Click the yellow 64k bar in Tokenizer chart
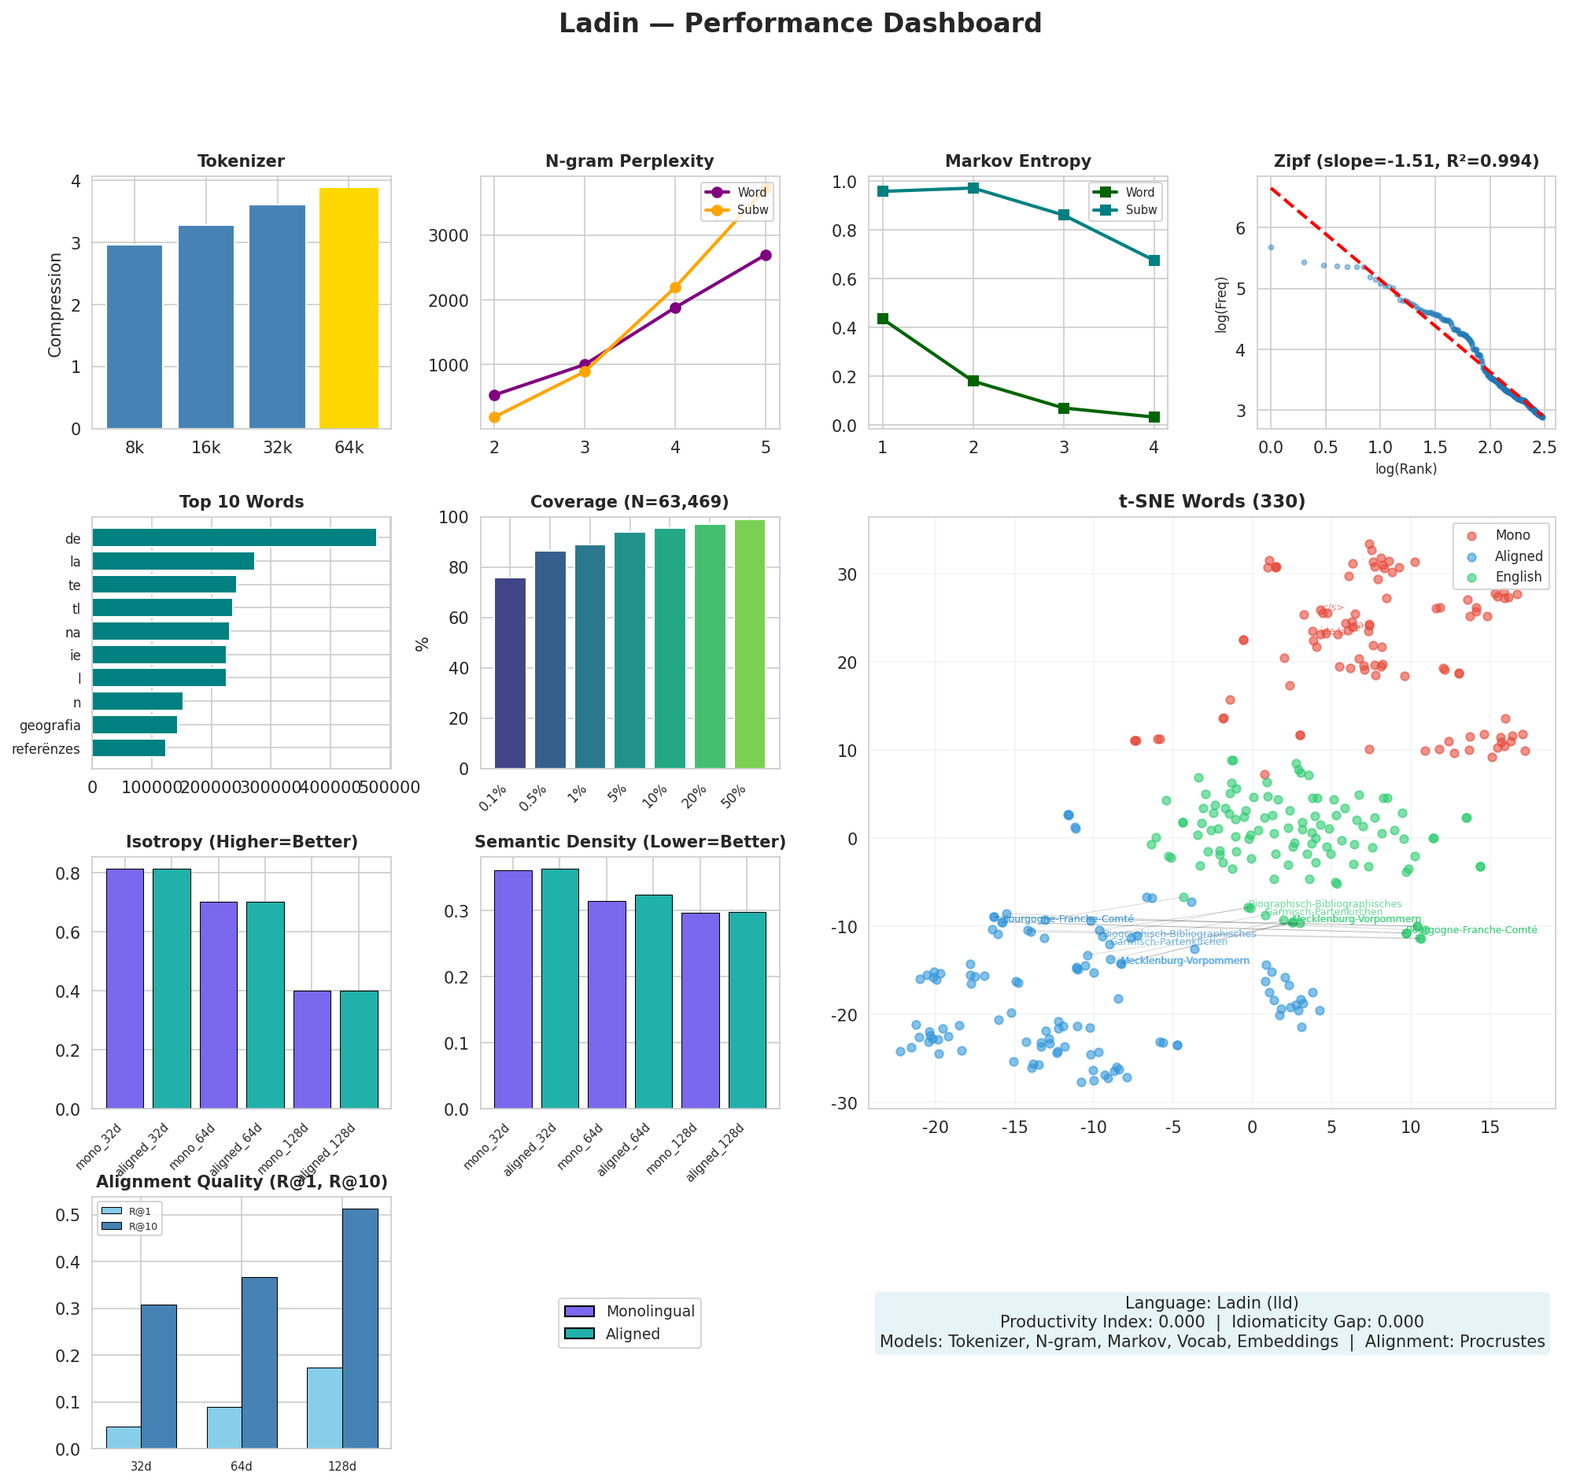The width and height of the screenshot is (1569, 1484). (x=349, y=308)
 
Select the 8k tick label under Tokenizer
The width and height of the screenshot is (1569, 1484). (x=135, y=449)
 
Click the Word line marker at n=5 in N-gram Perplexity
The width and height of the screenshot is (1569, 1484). (x=765, y=256)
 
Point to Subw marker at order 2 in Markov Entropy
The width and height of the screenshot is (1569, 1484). (x=973, y=188)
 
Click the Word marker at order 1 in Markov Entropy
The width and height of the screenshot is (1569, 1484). (x=883, y=319)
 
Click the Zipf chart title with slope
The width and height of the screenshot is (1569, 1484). (x=1405, y=161)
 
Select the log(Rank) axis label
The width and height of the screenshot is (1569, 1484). (x=1405, y=469)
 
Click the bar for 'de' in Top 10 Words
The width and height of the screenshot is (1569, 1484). (x=234, y=538)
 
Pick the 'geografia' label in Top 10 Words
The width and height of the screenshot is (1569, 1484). (x=50, y=725)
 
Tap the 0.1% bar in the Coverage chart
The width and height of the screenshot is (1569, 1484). (x=511, y=674)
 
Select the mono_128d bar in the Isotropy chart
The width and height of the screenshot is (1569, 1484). (x=312, y=1049)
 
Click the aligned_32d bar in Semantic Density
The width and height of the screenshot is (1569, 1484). (x=559, y=989)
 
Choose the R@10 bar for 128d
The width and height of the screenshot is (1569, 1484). (x=360, y=1329)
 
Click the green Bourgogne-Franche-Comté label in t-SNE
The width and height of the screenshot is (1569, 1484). (x=1476, y=931)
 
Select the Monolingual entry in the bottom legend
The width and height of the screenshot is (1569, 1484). (x=650, y=1312)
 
